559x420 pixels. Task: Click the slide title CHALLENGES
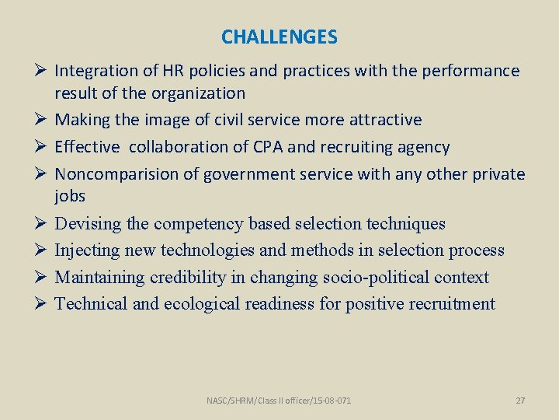tap(279, 37)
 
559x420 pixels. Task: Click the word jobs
tap(70, 196)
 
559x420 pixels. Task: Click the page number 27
tap(520, 401)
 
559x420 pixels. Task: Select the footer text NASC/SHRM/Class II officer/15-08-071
tap(279, 401)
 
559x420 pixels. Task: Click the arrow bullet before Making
tap(42, 120)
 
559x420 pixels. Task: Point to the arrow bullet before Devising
tap(42, 224)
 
